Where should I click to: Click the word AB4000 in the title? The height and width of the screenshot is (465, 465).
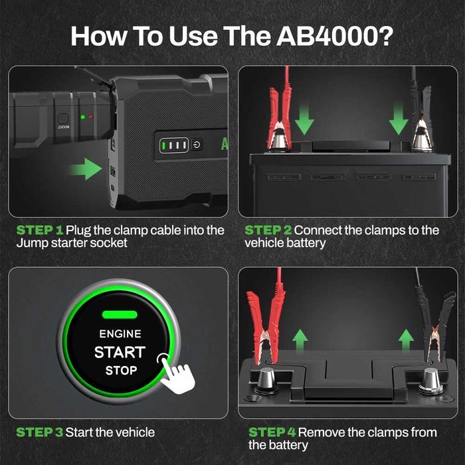click(x=335, y=36)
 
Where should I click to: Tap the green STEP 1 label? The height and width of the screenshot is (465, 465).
click(x=40, y=230)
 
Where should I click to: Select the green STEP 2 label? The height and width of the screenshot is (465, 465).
click(x=268, y=230)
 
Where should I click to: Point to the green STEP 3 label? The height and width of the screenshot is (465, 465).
click(x=40, y=432)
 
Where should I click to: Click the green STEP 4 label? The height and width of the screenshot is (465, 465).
click(x=272, y=432)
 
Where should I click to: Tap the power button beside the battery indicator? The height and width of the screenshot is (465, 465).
click(x=197, y=145)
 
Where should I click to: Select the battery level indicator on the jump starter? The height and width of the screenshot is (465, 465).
click(x=174, y=145)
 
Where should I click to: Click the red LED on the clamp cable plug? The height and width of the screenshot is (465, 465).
click(x=91, y=117)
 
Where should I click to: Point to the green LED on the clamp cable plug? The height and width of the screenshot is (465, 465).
click(x=83, y=117)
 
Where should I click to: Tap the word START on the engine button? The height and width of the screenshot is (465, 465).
click(x=120, y=352)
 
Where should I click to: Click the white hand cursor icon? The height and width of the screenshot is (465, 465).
click(x=177, y=374)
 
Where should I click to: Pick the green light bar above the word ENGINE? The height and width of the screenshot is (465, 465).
click(x=120, y=314)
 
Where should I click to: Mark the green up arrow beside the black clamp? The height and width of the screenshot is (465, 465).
click(x=406, y=339)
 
